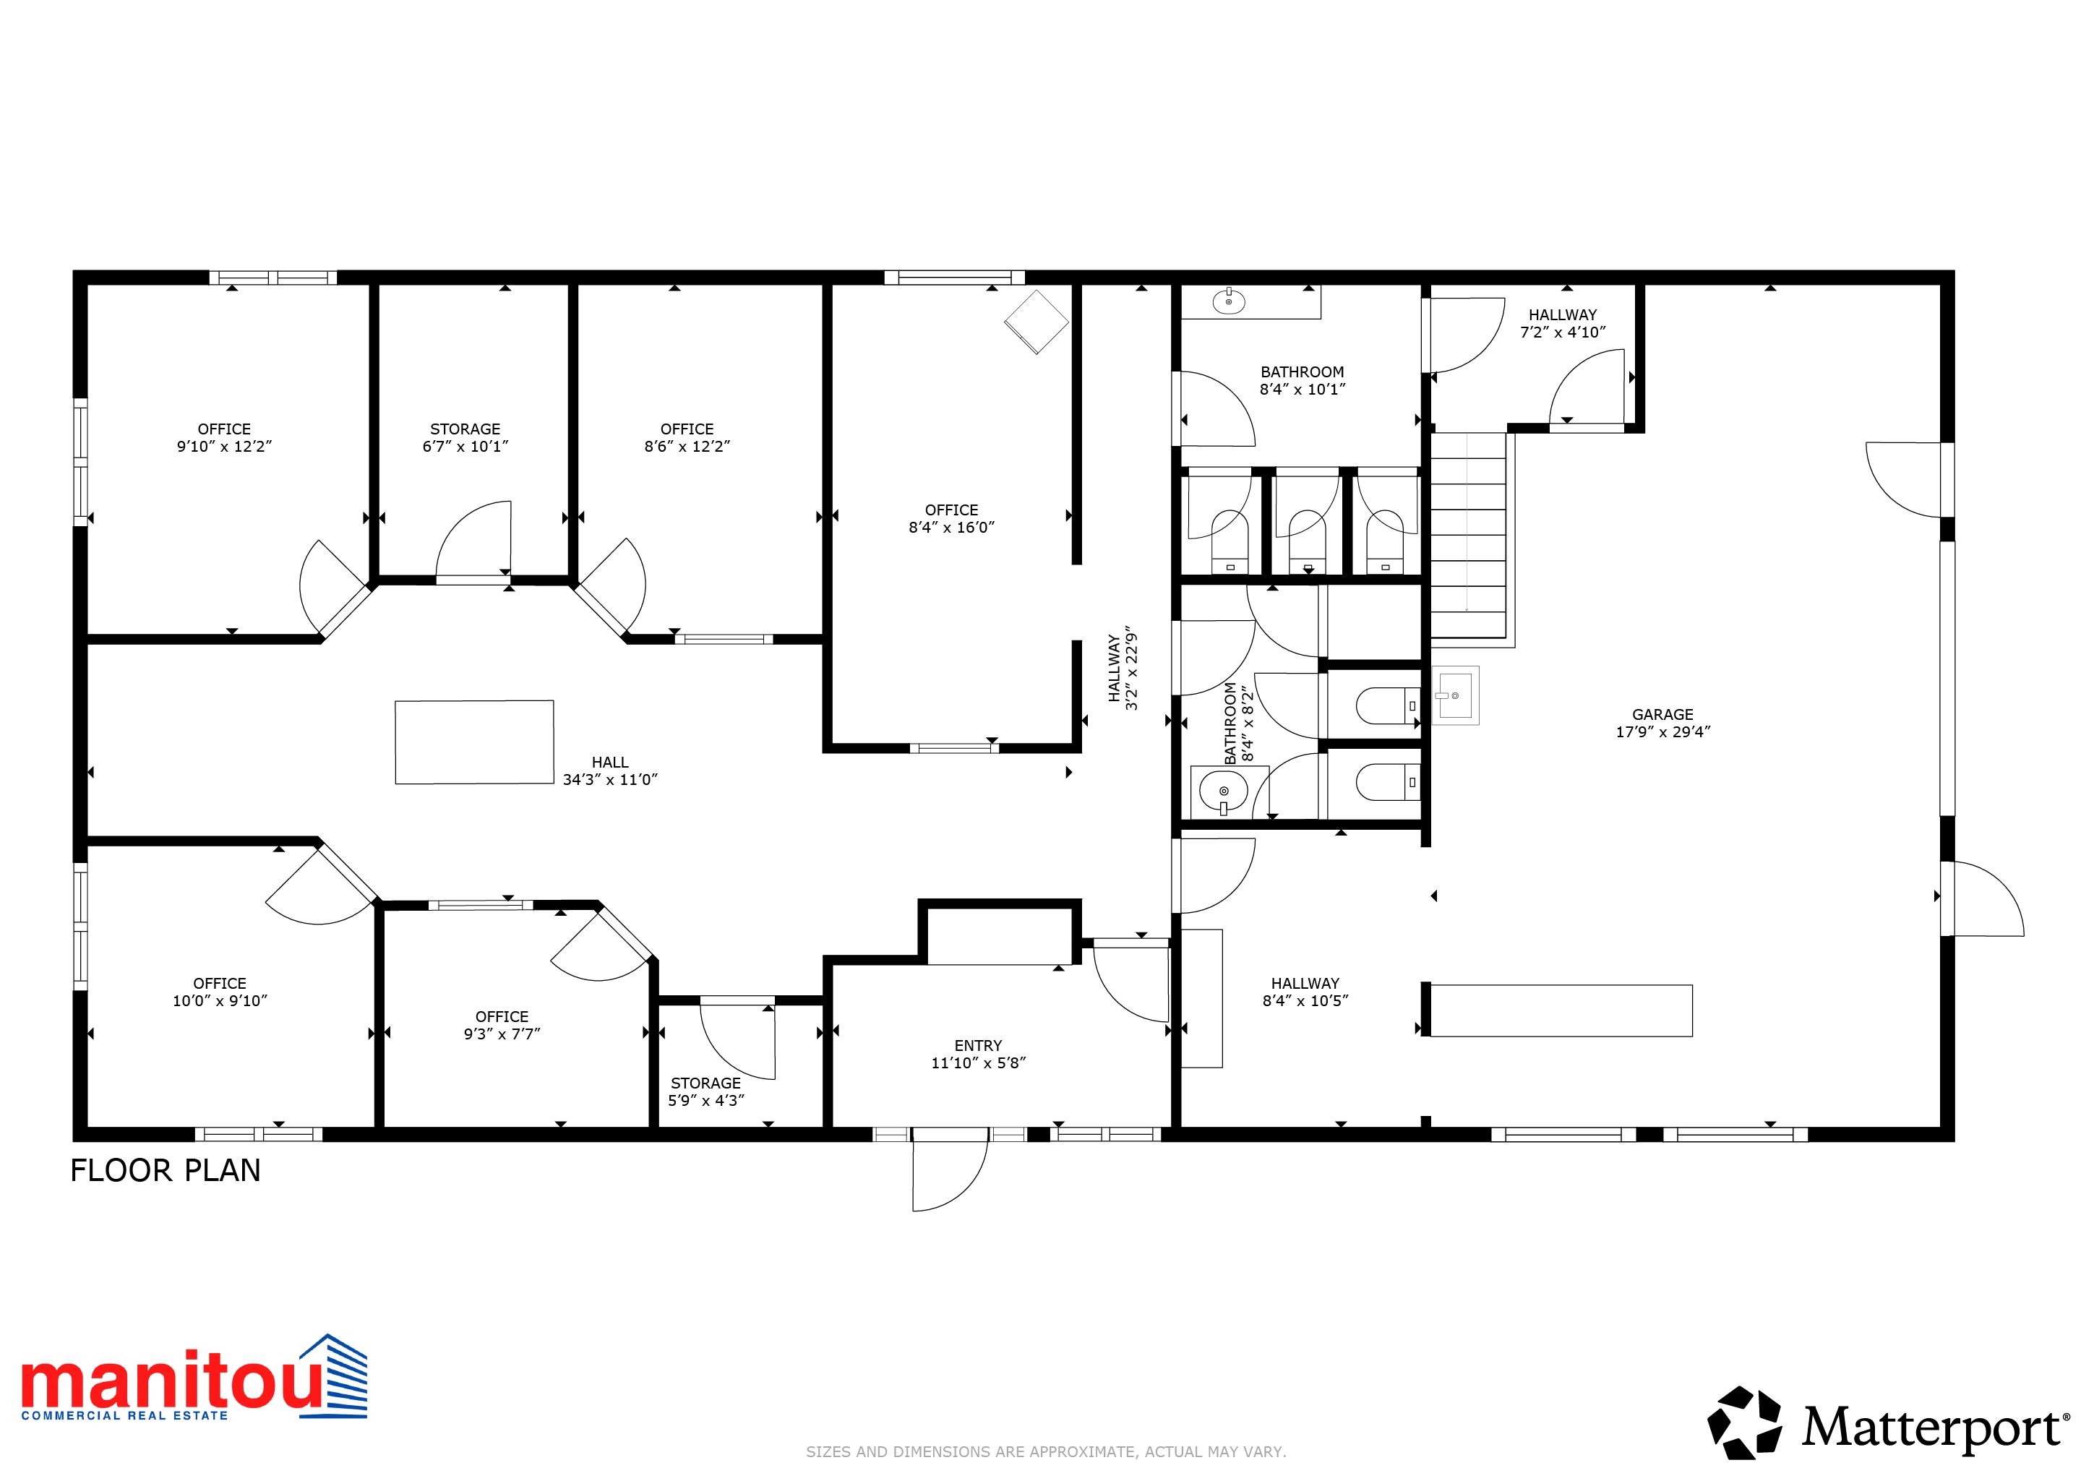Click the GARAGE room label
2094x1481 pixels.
click(1662, 715)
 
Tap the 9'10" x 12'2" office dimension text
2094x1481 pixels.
click(224, 447)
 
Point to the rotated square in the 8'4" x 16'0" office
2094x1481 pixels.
click(1036, 322)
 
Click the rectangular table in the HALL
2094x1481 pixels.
click(474, 742)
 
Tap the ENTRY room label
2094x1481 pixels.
click(978, 1046)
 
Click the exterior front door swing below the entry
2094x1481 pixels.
click(948, 1177)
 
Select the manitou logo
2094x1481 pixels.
click(193, 1380)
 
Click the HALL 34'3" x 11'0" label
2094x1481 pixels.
click(609, 770)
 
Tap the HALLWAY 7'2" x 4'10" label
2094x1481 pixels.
click(1562, 324)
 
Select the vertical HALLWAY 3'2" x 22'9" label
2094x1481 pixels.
click(1123, 669)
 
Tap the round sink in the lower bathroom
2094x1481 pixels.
click(1223, 791)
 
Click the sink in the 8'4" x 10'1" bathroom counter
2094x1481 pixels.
click(1229, 301)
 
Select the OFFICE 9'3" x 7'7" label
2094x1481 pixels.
click(502, 1025)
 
